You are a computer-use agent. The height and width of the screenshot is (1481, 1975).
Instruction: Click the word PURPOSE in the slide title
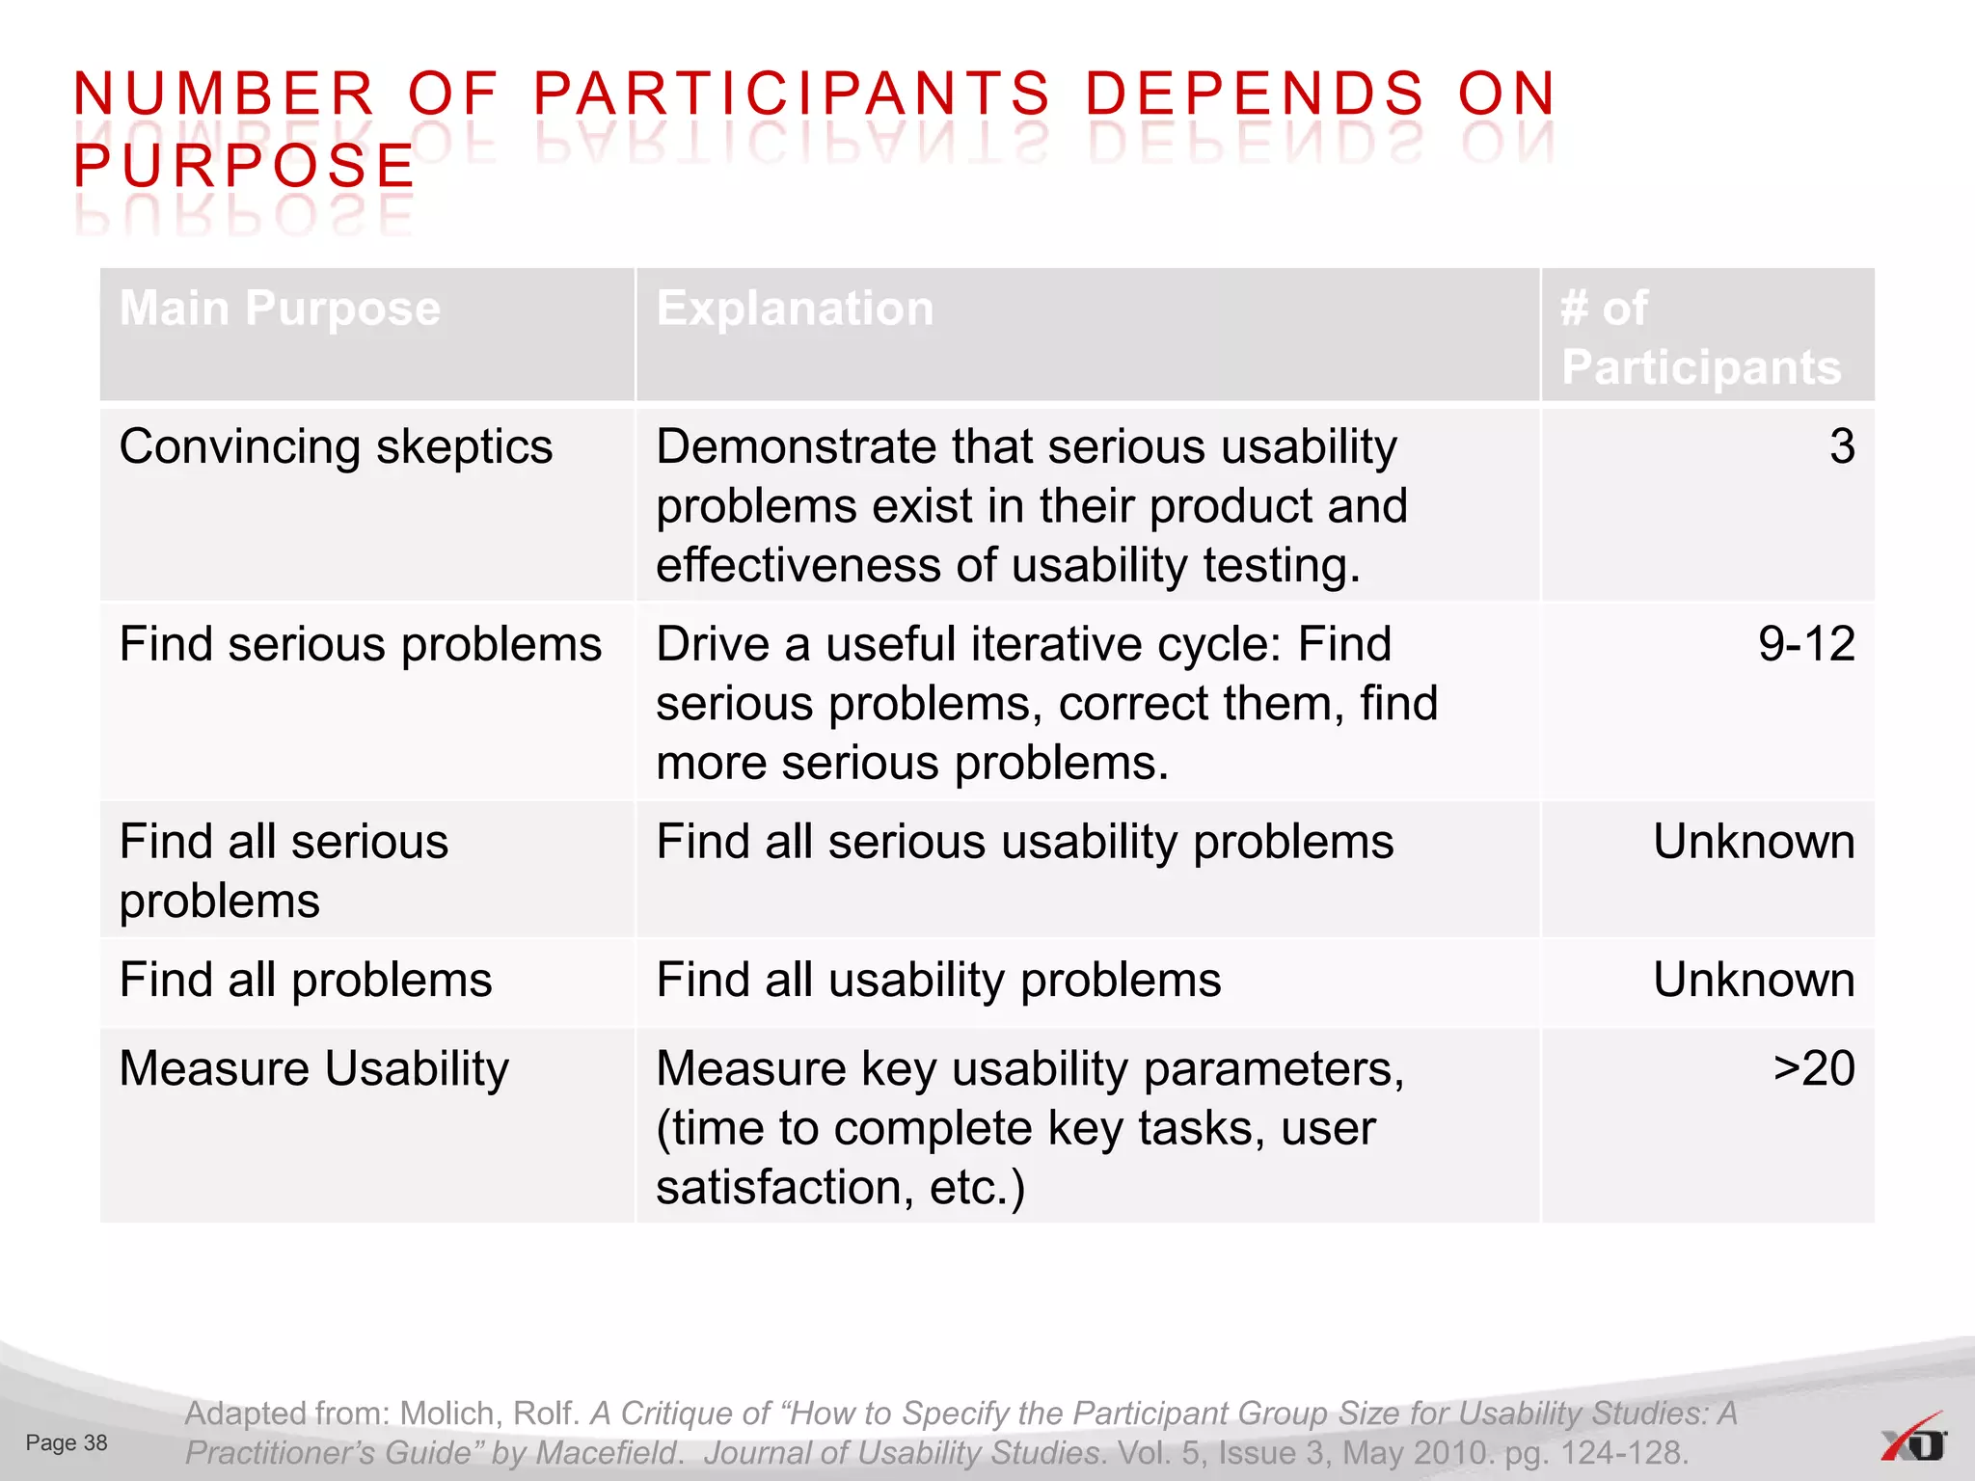coord(244,166)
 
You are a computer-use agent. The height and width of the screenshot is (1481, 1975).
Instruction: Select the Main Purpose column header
coord(280,310)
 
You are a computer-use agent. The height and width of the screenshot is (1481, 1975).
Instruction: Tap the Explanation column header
coord(795,310)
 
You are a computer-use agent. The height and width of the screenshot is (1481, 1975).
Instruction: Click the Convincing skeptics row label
coord(336,447)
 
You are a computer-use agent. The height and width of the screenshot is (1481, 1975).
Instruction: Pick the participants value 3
coord(1841,447)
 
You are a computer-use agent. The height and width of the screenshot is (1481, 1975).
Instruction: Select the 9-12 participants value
coord(1805,644)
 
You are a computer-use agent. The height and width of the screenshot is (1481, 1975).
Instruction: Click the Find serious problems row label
coord(360,644)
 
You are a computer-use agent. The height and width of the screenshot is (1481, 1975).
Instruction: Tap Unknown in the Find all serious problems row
coord(1753,842)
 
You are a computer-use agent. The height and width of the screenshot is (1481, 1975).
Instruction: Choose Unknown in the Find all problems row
coord(1753,981)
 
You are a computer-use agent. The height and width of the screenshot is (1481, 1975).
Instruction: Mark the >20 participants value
coord(1813,1069)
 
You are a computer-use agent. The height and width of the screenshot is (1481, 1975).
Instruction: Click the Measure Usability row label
coord(313,1069)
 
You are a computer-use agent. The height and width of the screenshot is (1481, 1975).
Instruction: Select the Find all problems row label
coord(305,981)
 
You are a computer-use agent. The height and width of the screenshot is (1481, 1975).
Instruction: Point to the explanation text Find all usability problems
coord(938,981)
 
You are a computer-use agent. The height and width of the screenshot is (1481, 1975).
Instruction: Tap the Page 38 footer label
coord(67,1443)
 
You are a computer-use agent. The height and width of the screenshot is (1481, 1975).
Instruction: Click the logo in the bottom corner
coord(1913,1439)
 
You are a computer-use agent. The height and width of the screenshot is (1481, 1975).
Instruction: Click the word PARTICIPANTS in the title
coord(791,94)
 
